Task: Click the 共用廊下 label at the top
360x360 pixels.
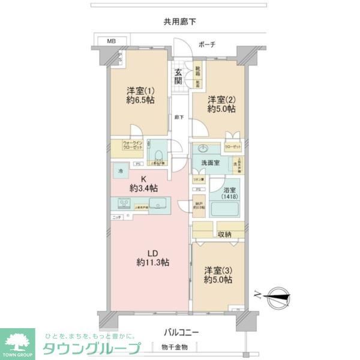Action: click(x=180, y=22)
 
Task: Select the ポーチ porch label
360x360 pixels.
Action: click(x=206, y=44)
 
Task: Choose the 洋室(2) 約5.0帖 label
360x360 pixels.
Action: click(x=221, y=104)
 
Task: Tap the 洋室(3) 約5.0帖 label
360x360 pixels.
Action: click(x=218, y=275)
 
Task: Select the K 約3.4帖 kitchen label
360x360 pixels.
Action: click(x=144, y=184)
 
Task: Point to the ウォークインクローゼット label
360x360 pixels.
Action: click(x=125, y=145)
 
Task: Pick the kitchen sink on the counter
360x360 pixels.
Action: click(x=158, y=203)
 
